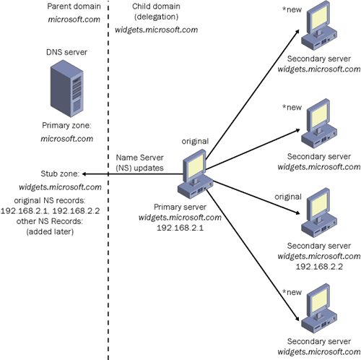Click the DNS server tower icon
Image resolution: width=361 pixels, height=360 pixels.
pos(67,88)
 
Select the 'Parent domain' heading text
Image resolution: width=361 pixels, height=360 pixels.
pos(74,7)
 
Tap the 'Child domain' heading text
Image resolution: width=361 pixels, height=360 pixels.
pos(156,7)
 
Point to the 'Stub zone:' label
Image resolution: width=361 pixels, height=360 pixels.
pos(60,173)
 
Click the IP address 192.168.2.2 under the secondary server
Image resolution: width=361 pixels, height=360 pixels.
pos(319,267)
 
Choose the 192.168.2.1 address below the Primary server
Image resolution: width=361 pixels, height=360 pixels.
pos(180,228)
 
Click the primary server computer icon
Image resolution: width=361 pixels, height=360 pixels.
pos(196,174)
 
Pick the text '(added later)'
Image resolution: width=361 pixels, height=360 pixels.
pos(50,231)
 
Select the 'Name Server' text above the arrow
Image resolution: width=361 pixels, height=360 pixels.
pos(139,158)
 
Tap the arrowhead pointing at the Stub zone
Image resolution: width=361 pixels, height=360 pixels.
pos(84,173)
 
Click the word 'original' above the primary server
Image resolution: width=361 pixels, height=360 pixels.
pos(195,141)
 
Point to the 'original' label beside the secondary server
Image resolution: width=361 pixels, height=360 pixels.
pos(288,197)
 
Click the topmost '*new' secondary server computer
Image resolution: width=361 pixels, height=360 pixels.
pos(319,25)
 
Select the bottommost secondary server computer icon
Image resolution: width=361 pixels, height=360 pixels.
pos(319,309)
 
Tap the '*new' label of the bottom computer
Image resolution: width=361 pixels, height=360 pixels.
pos(292,292)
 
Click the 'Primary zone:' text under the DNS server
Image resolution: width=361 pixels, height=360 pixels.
pos(66,125)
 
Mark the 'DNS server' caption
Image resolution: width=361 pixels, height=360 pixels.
pos(66,52)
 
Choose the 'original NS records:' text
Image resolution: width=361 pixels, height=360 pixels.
pos(50,200)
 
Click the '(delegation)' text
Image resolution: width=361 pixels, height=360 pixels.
pos(156,17)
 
